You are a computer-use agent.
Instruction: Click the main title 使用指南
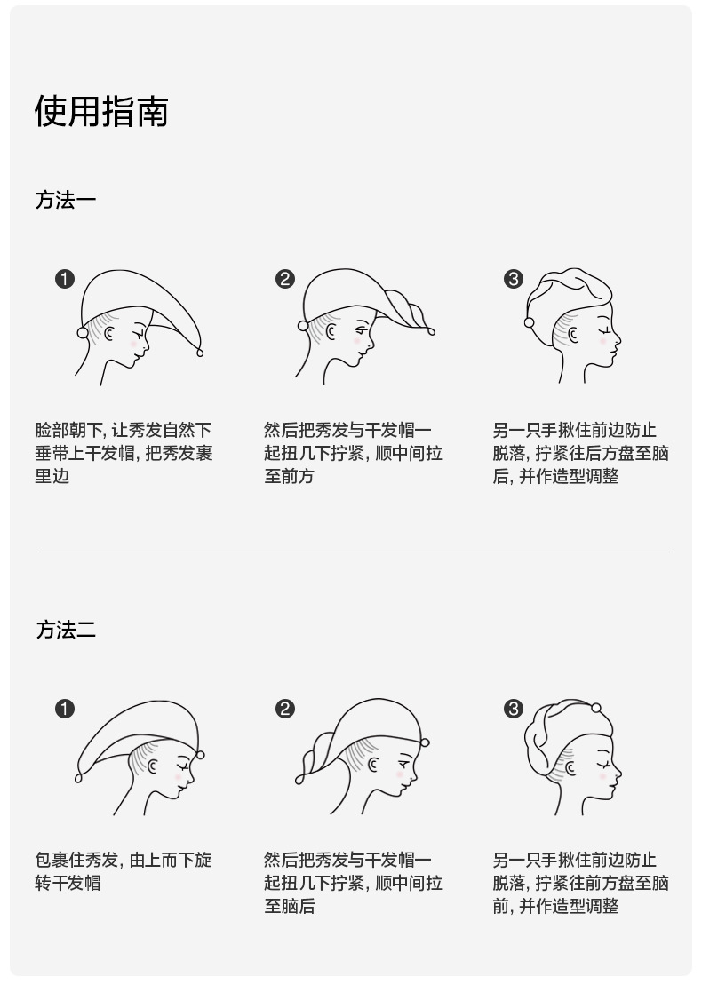coord(101,112)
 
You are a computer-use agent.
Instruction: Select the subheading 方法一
coord(66,200)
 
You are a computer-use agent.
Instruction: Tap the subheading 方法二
coord(66,630)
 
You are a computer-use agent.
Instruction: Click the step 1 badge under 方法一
coord(65,279)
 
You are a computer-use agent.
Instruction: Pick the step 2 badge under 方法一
coord(284,279)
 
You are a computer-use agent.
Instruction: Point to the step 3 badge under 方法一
coord(513,279)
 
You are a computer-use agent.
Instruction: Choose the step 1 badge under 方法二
coord(65,709)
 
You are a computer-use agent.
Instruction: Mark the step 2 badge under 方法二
coord(284,709)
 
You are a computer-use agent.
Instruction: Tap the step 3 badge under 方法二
coord(513,709)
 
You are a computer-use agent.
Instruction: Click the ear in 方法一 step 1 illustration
coord(109,334)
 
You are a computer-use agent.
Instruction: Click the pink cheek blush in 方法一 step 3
coord(602,341)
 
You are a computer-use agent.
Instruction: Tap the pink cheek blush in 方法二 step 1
coord(179,777)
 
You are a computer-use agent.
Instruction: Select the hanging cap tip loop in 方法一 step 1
coord(200,352)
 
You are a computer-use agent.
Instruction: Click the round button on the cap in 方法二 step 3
coord(596,708)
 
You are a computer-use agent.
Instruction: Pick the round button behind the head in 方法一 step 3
coord(529,322)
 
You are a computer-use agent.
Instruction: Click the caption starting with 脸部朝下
coord(124,453)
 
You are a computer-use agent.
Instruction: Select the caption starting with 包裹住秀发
coord(124,871)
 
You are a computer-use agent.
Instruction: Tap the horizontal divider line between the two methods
coord(353,552)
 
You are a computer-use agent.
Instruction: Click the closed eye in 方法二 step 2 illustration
coord(404,762)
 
